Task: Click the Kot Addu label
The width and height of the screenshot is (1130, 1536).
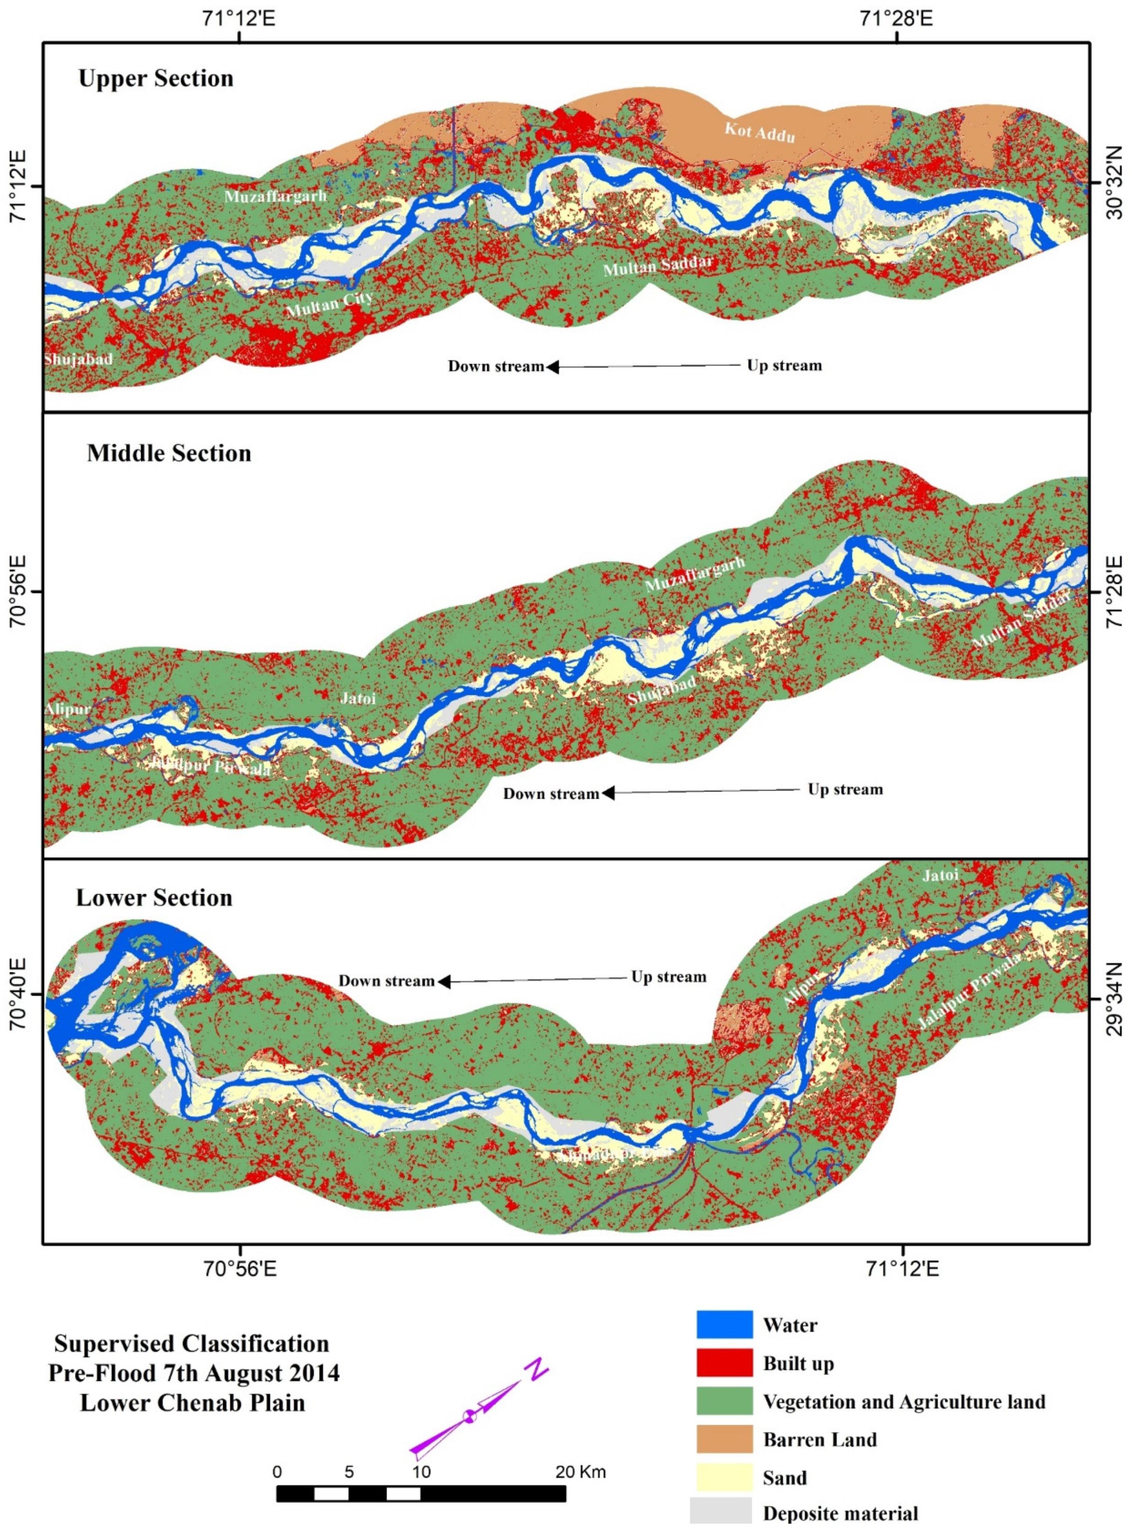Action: [x=759, y=131]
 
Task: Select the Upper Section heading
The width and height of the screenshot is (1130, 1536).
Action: [x=156, y=79]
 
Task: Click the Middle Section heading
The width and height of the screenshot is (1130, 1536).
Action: [x=169, y=453]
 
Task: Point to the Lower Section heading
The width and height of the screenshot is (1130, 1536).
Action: [x=154, y=897]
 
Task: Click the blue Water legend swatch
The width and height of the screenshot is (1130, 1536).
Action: [x=724, y=1324]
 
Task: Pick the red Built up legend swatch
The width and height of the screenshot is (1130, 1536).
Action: [x=724, y=1363]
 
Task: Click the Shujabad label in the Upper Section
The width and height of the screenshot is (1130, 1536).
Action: [x=78, y=359]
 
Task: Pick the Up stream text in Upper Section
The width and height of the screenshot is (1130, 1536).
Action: [x=784, y=366]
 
